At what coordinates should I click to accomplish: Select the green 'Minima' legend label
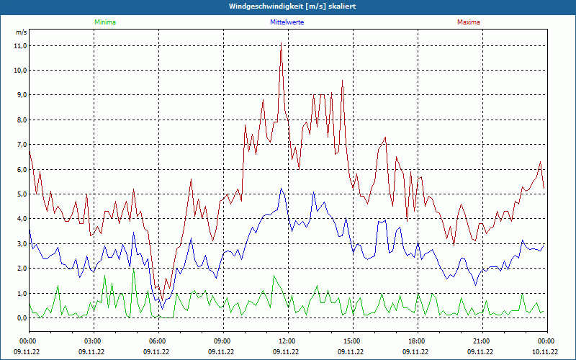coord(104,22)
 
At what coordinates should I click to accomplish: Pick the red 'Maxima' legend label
coord(468,22)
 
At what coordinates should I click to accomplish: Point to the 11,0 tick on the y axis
coord(20,45)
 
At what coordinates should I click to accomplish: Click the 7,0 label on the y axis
coord(20,145)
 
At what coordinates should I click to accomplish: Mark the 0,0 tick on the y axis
coord(20,318)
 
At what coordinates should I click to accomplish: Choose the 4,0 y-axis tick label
coord(20,219)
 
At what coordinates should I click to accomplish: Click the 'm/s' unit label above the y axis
coord(21,32)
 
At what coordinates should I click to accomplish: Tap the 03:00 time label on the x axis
coord(92,341)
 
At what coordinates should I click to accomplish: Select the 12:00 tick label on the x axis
coord(287,341)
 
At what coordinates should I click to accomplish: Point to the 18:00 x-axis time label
coord(416,341)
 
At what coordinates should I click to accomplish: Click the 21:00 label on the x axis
coord(481,341)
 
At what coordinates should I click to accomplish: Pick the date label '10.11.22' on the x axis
coord(545,352)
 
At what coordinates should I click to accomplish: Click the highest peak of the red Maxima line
coord(281,43)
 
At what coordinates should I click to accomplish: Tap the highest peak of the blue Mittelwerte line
coord(281,189)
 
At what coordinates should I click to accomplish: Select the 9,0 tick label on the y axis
coord(20,95)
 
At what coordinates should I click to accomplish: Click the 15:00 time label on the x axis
coord(351,341)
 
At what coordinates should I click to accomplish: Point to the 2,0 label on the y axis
coord(20,269)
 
